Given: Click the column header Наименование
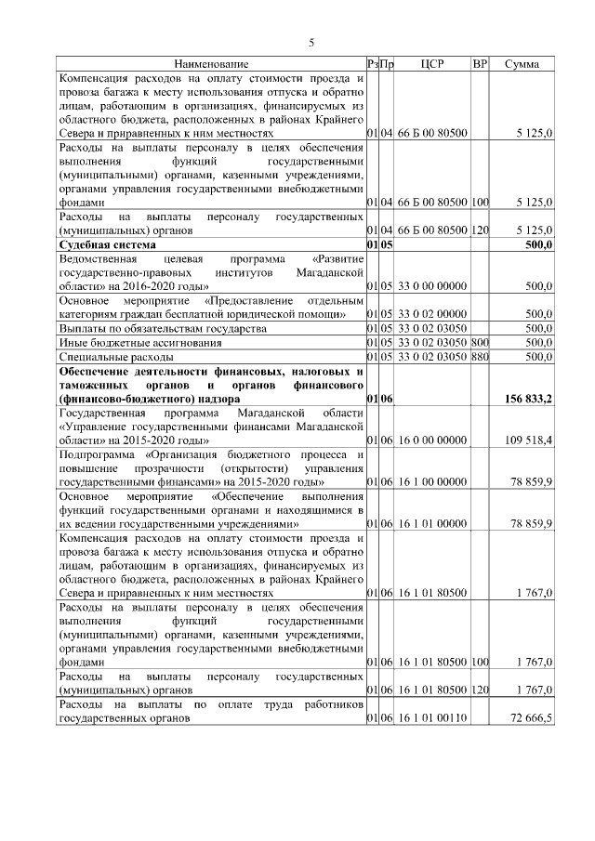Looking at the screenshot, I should click(x=211, y=64).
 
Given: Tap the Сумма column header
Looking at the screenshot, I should click(x=522, y=64).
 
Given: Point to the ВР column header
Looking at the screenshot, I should click(x=480, y=64).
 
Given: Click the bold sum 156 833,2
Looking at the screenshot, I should click(x=530, y=399).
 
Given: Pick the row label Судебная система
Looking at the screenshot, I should click(x=106, y=244).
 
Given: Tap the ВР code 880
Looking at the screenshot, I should click(x=480, y=356).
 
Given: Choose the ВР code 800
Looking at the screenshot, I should click(x=480, y=342).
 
